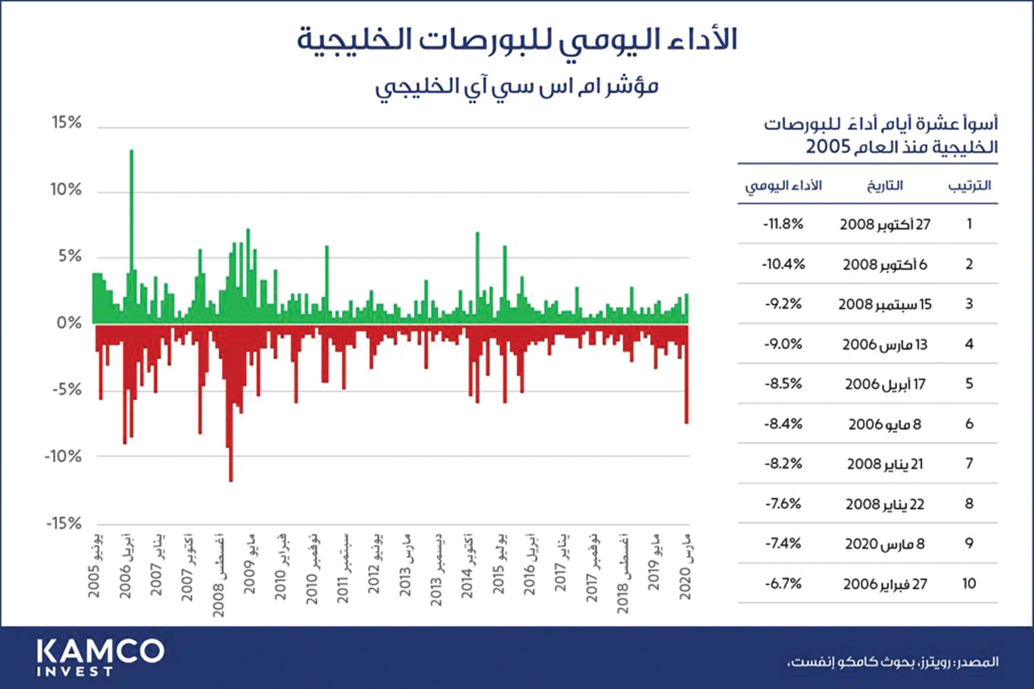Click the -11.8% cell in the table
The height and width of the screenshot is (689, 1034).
point(783,224)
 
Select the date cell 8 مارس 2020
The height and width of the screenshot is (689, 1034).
point(885,544)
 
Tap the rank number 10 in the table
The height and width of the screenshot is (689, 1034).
point(969,584)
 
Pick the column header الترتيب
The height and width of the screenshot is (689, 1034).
point(969,186)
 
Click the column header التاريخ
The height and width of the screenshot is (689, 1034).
point(885,186)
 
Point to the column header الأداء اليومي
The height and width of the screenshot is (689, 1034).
point(783,186)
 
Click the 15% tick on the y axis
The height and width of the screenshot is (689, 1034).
point(67,123)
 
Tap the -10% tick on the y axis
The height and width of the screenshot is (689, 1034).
point(63,457)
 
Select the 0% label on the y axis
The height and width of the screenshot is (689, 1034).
point(69,323)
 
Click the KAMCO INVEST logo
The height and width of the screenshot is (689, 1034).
point(100,657)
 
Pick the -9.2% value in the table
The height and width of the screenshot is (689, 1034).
point(783,304)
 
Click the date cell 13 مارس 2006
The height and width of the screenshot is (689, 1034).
point(885,344)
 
